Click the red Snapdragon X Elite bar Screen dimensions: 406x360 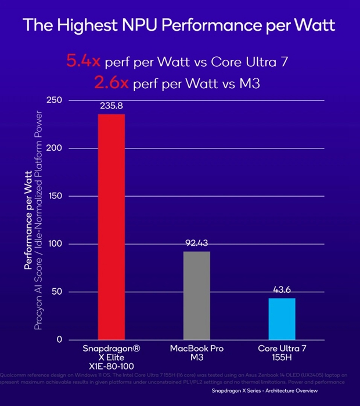click(110, 226)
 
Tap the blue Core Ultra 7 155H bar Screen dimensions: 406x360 click(282, 318)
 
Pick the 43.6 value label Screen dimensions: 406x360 click(282, 291)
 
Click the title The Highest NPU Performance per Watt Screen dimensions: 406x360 click(179, 25)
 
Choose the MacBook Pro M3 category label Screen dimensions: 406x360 click(197, 355)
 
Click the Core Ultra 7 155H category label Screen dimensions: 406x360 click(282, 355)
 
